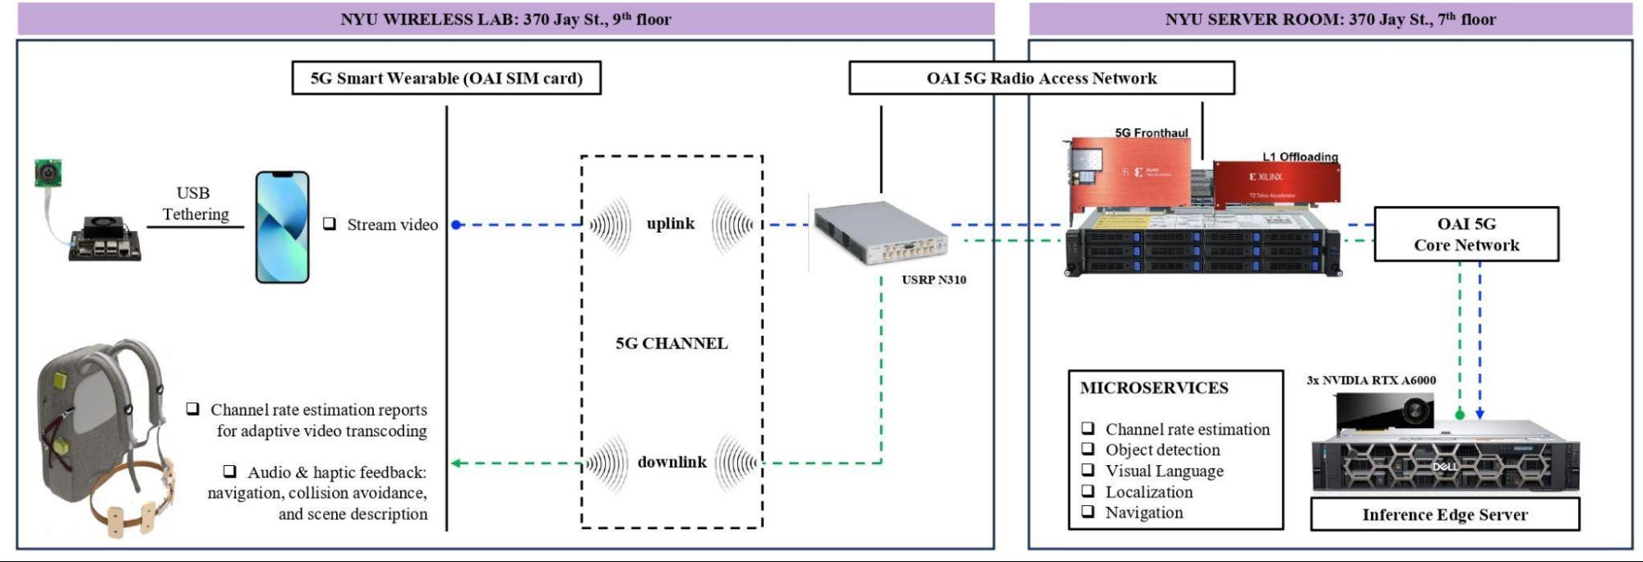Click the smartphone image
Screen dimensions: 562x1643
click(x=282, y=227)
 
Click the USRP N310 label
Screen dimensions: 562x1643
click(x=934, y=280)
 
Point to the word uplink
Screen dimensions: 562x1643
click(x=670, y=223)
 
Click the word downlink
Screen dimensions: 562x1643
click(x=672, y=462)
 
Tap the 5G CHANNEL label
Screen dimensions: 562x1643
click(x=672, y=343)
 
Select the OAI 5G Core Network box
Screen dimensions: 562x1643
click(x=1466, y=234)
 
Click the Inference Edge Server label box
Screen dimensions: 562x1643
click(x=1444, y=515)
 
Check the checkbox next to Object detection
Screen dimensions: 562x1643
click(x=1087, y=449)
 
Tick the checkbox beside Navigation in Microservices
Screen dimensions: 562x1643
click(x=1087, y=512)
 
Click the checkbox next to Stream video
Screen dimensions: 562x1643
click(x=330, y=223)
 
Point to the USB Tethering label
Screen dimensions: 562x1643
click(x=195, y=204)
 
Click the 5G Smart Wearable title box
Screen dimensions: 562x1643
click(x=446, y=78)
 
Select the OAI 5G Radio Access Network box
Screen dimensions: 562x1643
click(x=1041, y=78)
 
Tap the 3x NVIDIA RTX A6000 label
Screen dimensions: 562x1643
click(x=1371, y=380)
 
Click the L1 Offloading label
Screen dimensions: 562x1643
click(x=1300, y=157)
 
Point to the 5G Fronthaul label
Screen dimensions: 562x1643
click(x=1151, y=133)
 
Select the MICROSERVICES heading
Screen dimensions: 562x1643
click(x=1154, y=388)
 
